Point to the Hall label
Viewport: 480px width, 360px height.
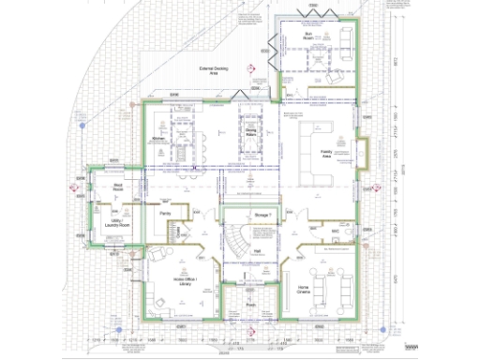coord(257,251)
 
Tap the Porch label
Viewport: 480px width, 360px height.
coord(251,305)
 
